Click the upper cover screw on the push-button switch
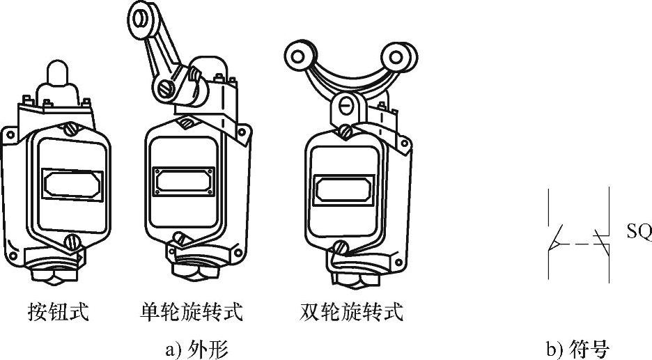pyautogui.click(x=70, y=130)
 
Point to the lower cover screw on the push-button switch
pyautogui.click(x=70, y=242)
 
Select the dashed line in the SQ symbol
pyautogui.click(x=582, y=244)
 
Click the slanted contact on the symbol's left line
pyautogui.click(x=557, y=239)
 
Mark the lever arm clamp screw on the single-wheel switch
pyautogui.click(x=164, y=88)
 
